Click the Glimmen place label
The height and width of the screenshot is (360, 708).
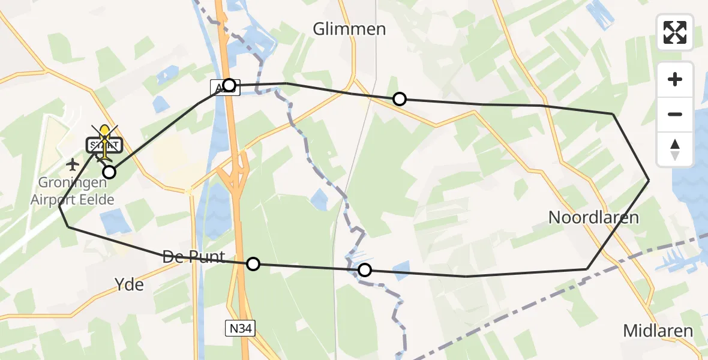click(350, 29)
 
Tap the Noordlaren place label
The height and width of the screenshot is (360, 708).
click(593, 217)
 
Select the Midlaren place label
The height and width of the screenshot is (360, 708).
click(658, 331)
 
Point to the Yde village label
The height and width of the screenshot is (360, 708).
click(130, 284)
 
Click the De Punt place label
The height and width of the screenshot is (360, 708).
click(194, 257)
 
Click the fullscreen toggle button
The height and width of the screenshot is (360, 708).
click(675, 32)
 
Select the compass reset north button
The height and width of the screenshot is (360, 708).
click(675, 149)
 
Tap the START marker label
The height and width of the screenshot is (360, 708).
click(105, 145)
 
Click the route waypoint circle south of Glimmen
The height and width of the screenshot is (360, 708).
click(399, 99)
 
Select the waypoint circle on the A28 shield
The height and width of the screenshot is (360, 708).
click(229, 85)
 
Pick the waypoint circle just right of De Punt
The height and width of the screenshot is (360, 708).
click(253, 263)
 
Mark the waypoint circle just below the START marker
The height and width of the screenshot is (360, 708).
click(109, 172)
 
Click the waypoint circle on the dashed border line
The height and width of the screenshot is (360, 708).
click(364, 270)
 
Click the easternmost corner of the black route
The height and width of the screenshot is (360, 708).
click(649, 180)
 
